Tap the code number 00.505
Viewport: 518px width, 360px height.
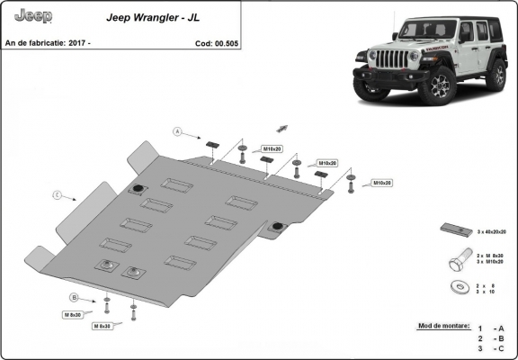225,43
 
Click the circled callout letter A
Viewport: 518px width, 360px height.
179,132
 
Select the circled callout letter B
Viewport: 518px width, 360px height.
74,297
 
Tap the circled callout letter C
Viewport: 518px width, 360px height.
57,194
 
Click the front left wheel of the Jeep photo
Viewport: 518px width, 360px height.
441,85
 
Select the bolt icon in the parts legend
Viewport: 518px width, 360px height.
458,259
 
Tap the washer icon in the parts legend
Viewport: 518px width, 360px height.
456,288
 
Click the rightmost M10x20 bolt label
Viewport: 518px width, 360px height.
383,183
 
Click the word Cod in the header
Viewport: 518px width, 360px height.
202,43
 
